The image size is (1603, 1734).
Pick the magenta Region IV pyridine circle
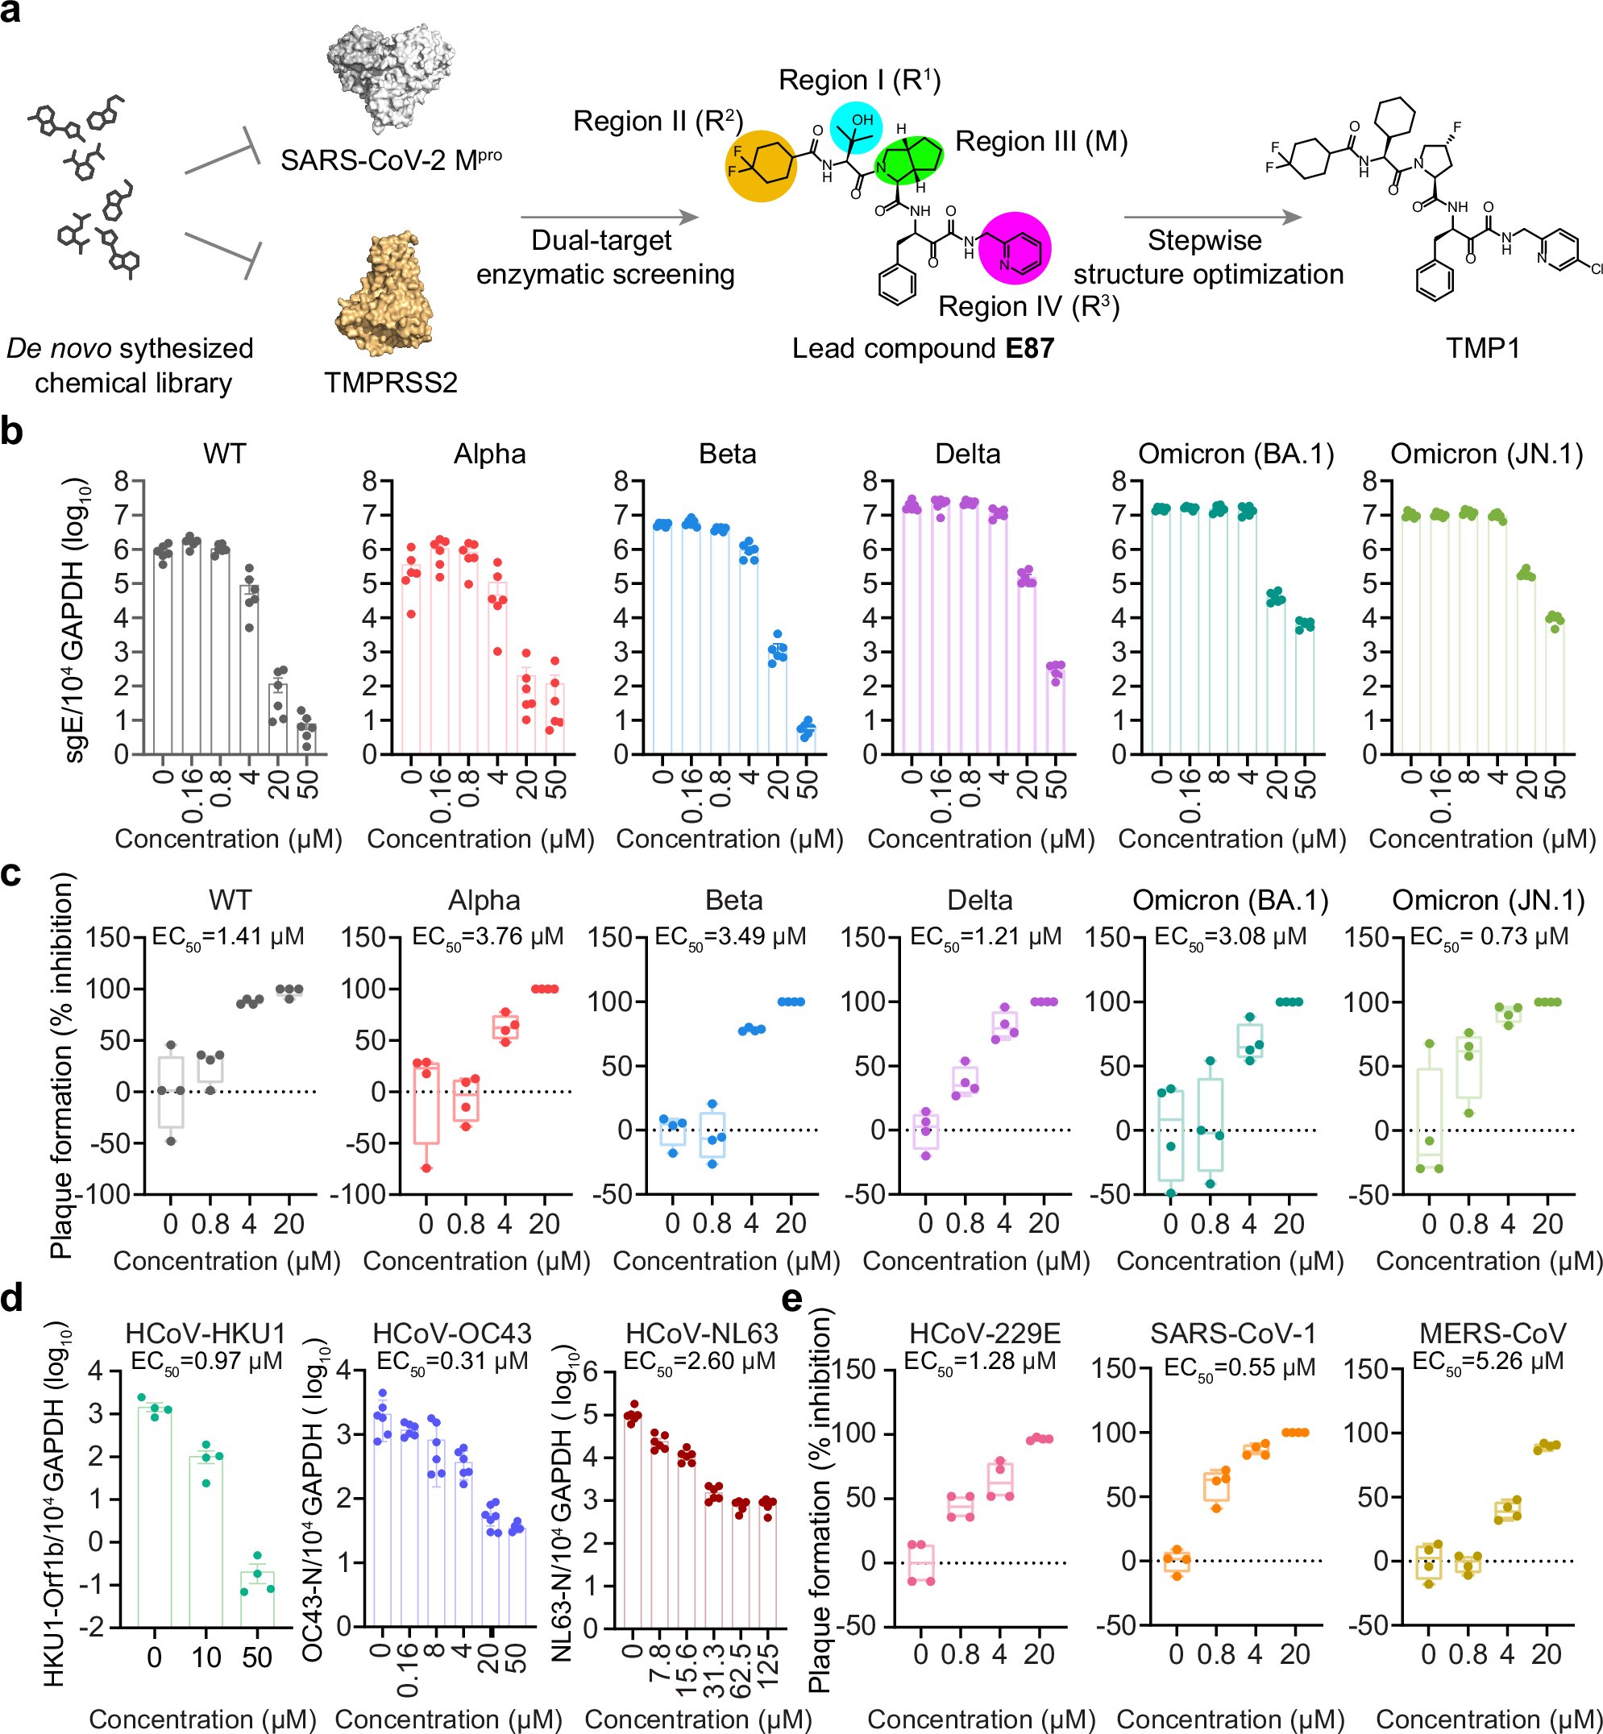(x=1015, y=248)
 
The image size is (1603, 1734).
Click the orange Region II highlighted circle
(x=761, y=167)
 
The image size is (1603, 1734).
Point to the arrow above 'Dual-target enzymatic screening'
(x=609, y=217)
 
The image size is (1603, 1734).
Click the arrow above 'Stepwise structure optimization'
(x=1213, y=217)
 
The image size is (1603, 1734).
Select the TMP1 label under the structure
(x=1482, y=349)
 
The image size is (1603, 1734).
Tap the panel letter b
(x=11, y=431)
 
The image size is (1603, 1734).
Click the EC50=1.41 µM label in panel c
(x=228, y=937)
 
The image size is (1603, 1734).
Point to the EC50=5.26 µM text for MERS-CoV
(x=1488, y=1361)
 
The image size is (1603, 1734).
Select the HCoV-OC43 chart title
(x=452, y=1334)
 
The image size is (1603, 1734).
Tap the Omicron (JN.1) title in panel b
(x=1487, y=454)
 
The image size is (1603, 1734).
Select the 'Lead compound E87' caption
(x=922, y=349)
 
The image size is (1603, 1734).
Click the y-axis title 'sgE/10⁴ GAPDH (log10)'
(x=77, y=620)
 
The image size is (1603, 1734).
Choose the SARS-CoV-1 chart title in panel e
(x=1232, y=1334)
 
